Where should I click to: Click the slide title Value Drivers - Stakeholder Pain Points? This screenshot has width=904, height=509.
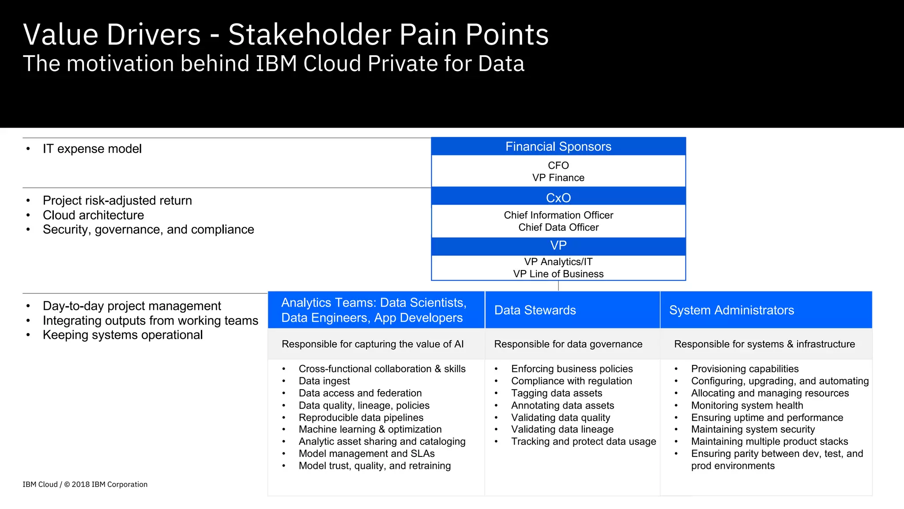[x=286, y=34]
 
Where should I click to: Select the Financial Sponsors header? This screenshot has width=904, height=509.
[x=558, y=146]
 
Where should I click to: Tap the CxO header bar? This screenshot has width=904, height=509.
[x=558, y=198]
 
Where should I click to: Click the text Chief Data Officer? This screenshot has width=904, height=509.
[x=558, y=227]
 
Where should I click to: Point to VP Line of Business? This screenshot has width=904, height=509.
[x=558, y=274]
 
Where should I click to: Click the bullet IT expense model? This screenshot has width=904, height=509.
[x=92, y=149]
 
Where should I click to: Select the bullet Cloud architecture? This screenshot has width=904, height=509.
[x=93, y=215]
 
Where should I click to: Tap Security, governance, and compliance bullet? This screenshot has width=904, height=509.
[x=148, y=230]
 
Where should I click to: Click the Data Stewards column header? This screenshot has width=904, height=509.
[x=535, y=310]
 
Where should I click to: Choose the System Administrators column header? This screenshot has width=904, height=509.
[x=731, y=310]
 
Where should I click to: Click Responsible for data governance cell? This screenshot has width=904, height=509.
[x=568, y=344]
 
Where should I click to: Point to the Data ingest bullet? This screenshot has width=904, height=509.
[x=324, y=381]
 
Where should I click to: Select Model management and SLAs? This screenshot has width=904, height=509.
[x=366, y=454]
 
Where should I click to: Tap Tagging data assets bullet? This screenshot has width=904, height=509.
[x=556, y=393]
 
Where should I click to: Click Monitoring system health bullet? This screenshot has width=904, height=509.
[x=747, y=406]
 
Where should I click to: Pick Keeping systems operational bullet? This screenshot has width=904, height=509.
[x=122, y=335]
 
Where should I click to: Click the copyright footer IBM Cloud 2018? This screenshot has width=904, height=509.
[x=85, y=484]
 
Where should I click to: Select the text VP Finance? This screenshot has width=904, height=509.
[x=558, y=178]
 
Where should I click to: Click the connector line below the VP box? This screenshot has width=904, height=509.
[x=558, y=286]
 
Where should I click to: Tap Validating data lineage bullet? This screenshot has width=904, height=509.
[x=562, y=429]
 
